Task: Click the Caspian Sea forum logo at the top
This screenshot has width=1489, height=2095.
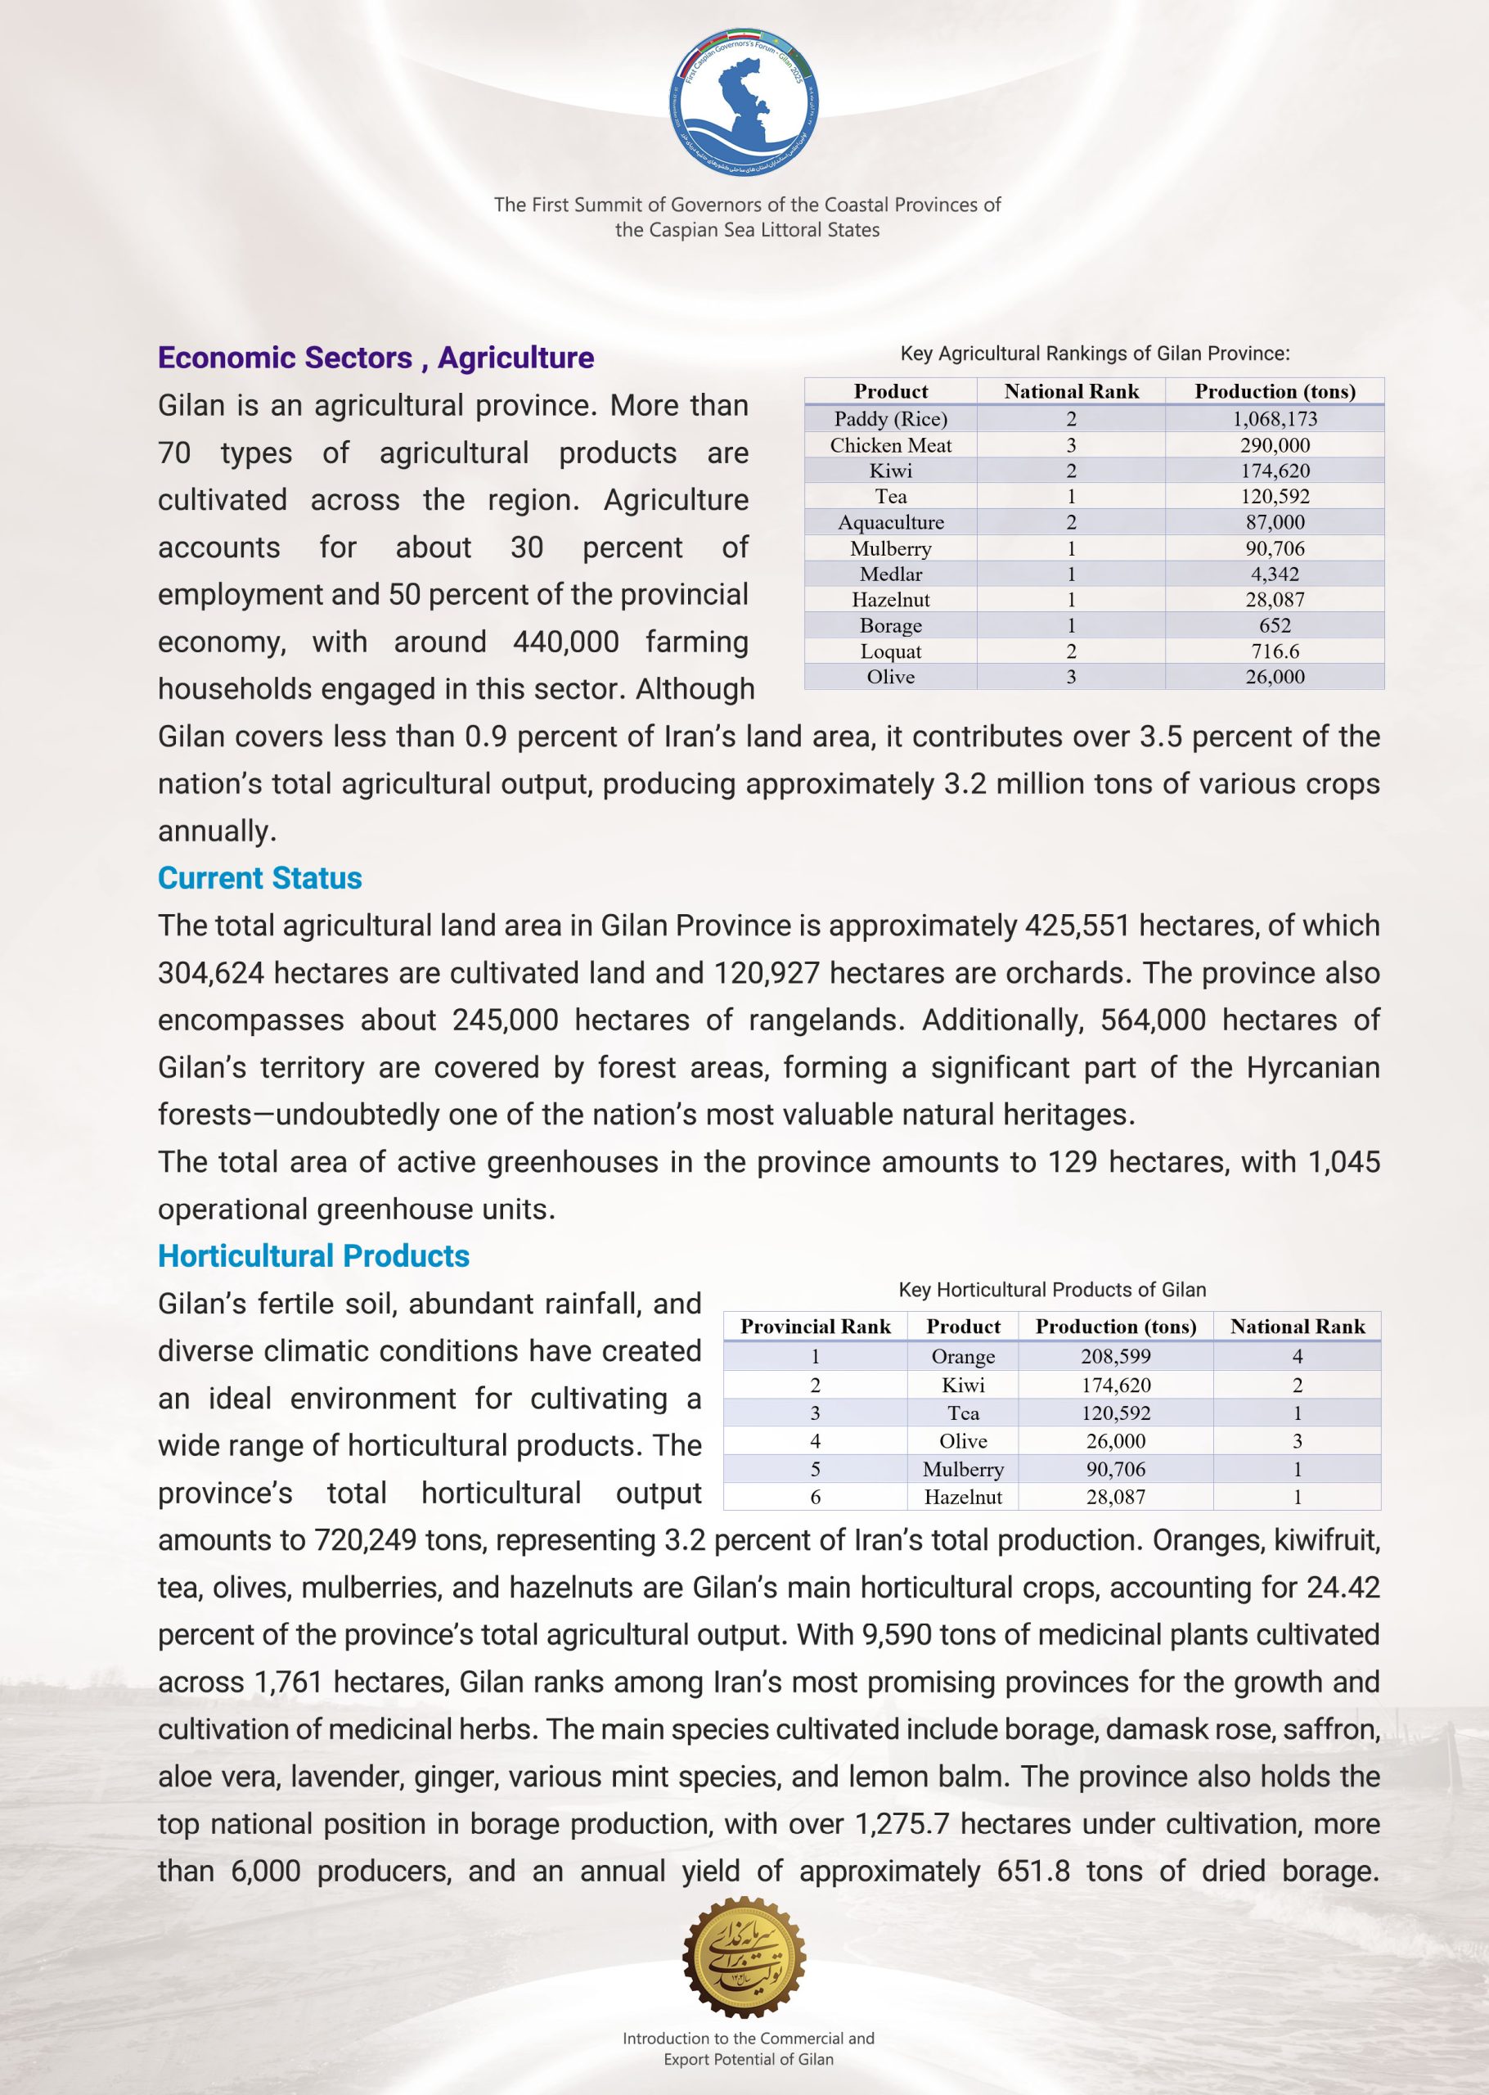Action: pos(744,101)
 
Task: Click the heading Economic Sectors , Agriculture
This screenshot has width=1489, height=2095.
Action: pos(376,358)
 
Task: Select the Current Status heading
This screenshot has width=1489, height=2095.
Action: pos(259,877)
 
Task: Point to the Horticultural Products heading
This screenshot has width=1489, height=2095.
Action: pos(313,1255)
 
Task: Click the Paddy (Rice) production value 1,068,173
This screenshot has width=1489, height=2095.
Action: pos(1275,419)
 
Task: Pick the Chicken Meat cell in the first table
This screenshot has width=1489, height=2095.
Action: pos(890,445)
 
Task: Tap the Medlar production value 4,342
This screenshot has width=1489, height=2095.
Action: pos(1275,574)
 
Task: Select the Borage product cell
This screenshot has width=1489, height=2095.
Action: pos(890,625)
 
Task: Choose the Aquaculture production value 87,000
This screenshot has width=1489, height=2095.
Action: pos(1275,523)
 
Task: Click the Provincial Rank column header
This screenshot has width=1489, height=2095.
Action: pos(815,1327)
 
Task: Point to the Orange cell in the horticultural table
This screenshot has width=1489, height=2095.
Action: pos(963,1356)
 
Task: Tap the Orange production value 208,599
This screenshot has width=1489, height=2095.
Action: pos(1116,1356)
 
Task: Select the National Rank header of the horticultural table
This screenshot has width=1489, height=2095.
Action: pos(1298,1327)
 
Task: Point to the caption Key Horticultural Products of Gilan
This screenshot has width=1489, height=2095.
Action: pos(1051,1289)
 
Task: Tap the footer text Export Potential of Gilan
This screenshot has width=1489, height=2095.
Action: pos(748,2059)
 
